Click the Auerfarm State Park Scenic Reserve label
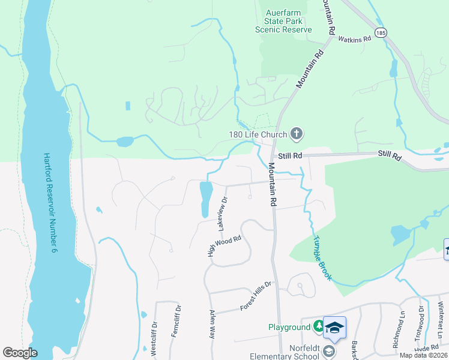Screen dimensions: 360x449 [x=284, y=20]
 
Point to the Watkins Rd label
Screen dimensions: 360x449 [x=355, y=38]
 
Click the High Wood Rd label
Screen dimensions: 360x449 [x=224, y=246]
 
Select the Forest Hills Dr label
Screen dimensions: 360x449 [x=256, y=296]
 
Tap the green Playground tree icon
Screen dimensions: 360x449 [x=318, y=327]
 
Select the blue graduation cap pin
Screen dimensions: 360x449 [x=334, y=328]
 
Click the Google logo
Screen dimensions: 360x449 [x=20, y=353]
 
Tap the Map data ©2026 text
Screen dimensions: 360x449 [x=423, y=355]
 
